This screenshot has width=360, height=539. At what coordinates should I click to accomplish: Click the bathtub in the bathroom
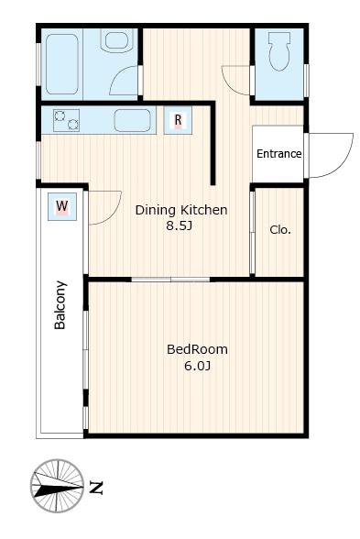point(62,64)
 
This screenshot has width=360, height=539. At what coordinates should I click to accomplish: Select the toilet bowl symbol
point(278,51)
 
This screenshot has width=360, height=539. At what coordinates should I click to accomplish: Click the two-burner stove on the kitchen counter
point(66,120)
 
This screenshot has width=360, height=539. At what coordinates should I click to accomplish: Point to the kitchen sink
point(132,120)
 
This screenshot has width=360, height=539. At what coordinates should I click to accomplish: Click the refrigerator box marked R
point(178,120)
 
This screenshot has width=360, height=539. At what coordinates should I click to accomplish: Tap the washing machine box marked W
point(62,206)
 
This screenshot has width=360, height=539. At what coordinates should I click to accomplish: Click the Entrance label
point(278,154)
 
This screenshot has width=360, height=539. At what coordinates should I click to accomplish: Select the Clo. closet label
point(280,229)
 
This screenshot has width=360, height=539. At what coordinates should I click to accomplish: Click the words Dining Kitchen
point(181,210)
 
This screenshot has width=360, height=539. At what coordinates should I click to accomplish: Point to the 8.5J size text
point(179,225)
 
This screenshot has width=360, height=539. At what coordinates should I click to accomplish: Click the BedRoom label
point(197,349)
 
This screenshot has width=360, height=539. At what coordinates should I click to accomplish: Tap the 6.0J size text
point(197,366)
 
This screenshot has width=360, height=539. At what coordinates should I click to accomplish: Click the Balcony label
point(60,305)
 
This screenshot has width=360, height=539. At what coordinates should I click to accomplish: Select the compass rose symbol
point(58,486)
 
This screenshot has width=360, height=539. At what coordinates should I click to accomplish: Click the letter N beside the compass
point(96,488)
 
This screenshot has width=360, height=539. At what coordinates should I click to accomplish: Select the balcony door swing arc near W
point(114,215)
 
